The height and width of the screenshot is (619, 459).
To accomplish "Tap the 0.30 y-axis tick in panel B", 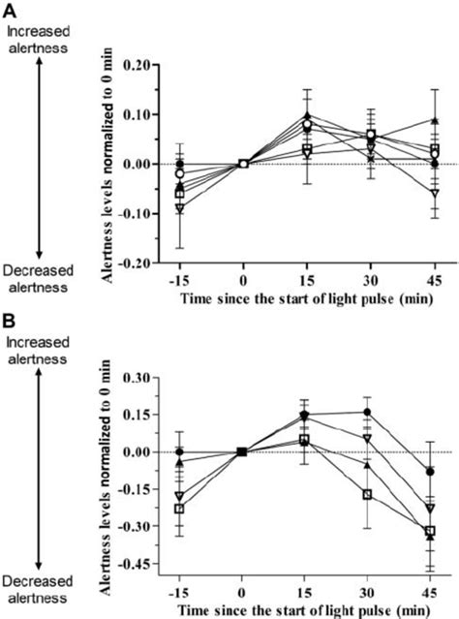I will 144,378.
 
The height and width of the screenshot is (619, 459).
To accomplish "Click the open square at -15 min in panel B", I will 180,509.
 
